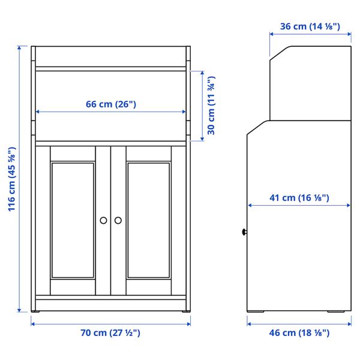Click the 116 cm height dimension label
[x=11, y=180]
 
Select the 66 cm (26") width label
[x=111, y=104]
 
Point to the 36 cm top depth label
[x=310, y=26]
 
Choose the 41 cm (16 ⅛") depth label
[x=299, y=197]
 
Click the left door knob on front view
[x=104, y=220]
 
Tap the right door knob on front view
[x=118, y=220]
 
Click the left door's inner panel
[x=73, y=220]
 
